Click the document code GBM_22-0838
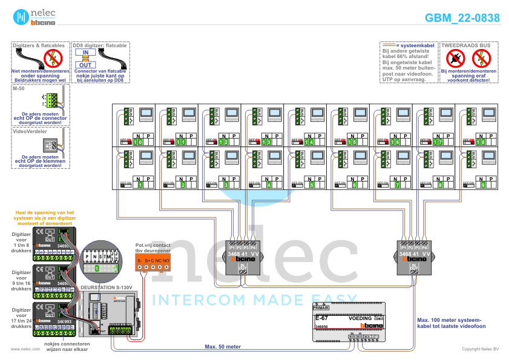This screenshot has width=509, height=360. (462, 18)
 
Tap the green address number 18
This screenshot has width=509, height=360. (482, 142)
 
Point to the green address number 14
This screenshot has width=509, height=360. (310, 142)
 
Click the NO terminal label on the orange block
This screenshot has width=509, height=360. (166, 261)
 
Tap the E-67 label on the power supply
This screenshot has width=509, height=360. (322, 318)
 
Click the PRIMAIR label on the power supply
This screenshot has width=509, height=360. (321, 308)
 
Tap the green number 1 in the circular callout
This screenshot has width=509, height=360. (96, 267)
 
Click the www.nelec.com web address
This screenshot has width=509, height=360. (21, 349)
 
